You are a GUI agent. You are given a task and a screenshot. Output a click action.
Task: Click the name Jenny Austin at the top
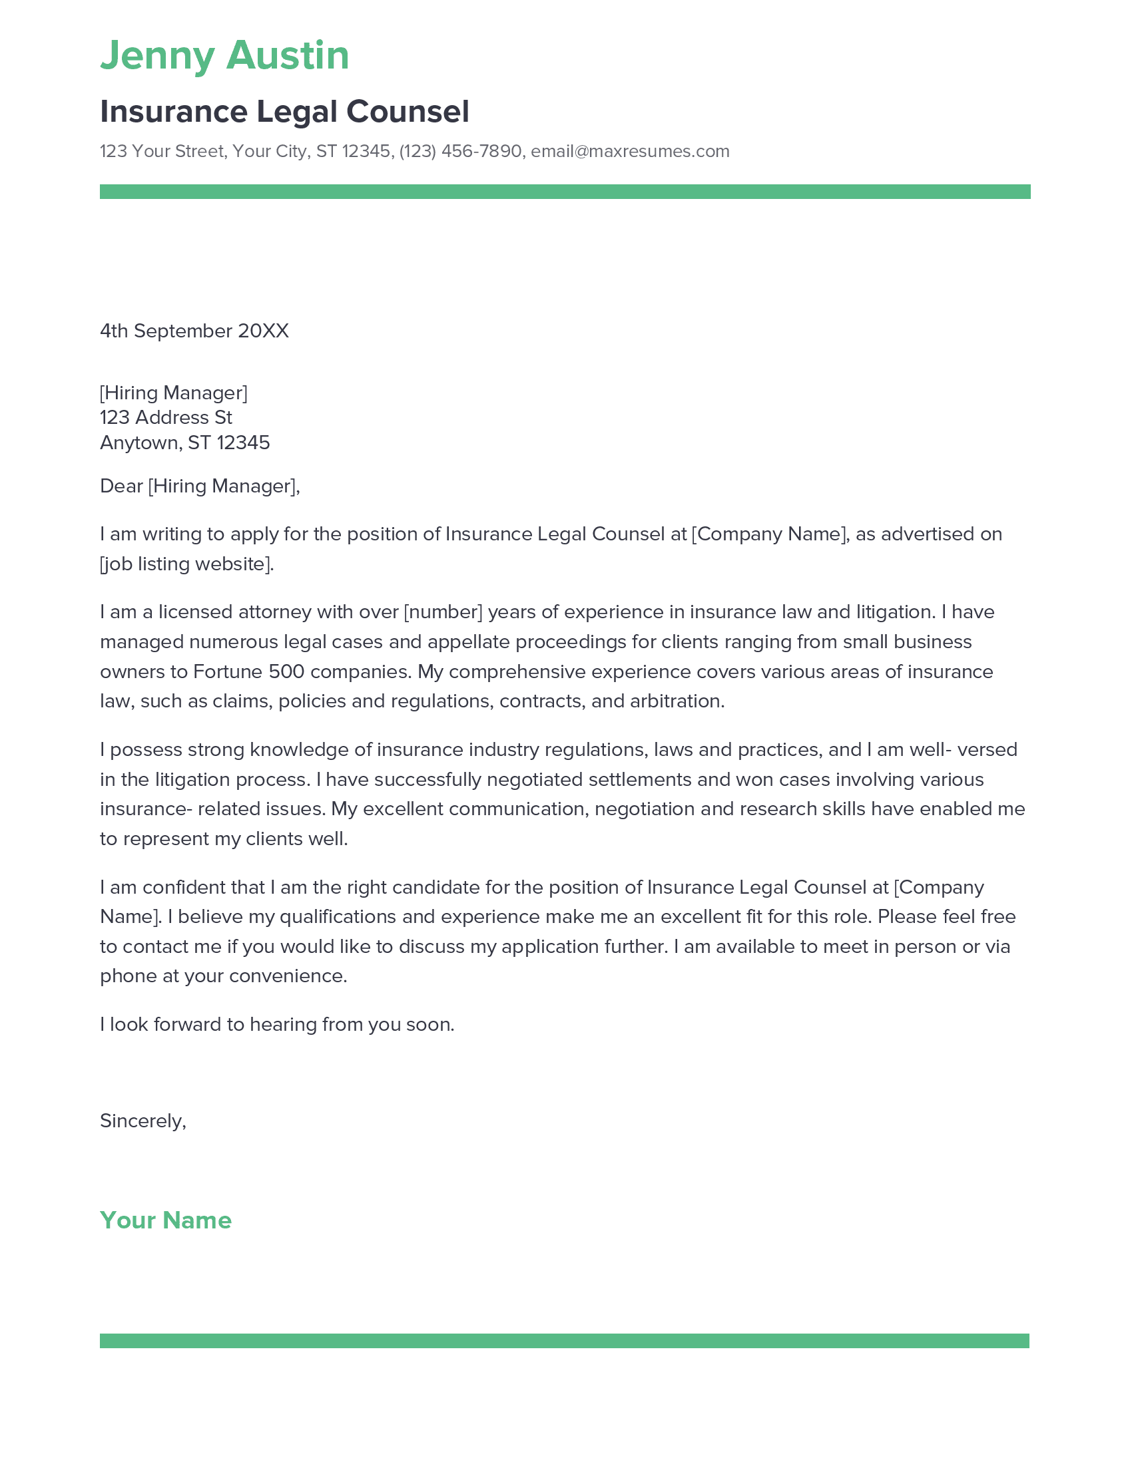(224, 55)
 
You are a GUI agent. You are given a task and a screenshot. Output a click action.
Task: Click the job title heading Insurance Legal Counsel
(284, 111)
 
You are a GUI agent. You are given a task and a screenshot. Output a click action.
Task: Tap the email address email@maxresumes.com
(630, 152)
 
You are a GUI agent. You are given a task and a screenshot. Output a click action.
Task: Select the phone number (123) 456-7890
(460, 152)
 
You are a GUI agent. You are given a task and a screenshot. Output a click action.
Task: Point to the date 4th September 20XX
(194, 331)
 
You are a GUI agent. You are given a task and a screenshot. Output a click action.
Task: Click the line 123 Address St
(166, 418)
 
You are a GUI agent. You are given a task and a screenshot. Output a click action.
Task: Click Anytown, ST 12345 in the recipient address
(184, 443)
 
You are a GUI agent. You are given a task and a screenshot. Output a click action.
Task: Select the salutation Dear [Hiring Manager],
(199, 486)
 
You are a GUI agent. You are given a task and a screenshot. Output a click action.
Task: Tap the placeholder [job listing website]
(187, 564)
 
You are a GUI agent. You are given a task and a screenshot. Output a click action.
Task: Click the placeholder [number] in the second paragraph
(443, 612)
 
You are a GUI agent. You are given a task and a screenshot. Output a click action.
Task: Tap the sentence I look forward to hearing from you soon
(277, 1024)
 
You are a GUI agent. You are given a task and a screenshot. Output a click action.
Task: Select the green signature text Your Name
(166, 1220)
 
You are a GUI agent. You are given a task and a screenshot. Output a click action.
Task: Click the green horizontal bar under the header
(565, 192)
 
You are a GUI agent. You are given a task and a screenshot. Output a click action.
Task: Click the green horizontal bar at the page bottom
(565, 1341)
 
